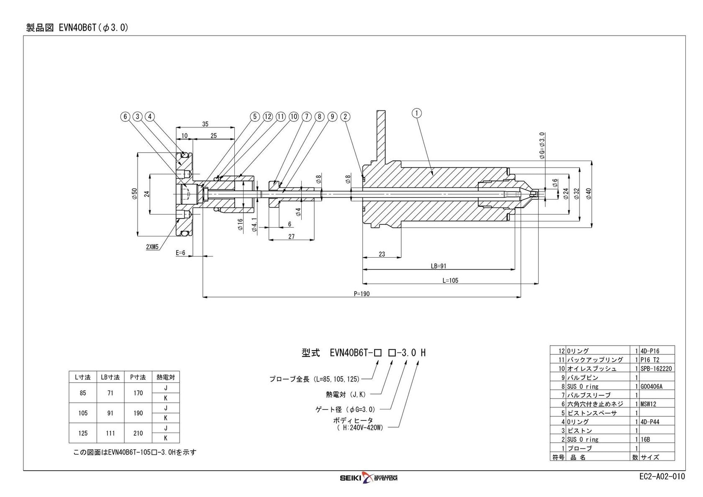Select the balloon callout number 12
(x=268, y=117)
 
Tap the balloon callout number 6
(x=125, y=117)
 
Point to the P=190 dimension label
(x=362, y=294)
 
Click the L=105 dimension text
(x=450, y=281)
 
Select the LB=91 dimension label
(x=439, y=266)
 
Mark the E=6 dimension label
(x=180, y=253)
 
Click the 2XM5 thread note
(x=152, y=247)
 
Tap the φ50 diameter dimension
(x=134, y=194)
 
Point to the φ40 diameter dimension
(x=588, y=194)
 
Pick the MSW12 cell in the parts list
(x=649, y=404)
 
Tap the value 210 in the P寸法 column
(x=138, y=433)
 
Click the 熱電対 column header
(x=165, y=377)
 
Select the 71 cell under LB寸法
(x=110, y=393)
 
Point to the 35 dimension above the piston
(x=205, y=124)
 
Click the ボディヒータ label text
(x=353, y=420)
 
